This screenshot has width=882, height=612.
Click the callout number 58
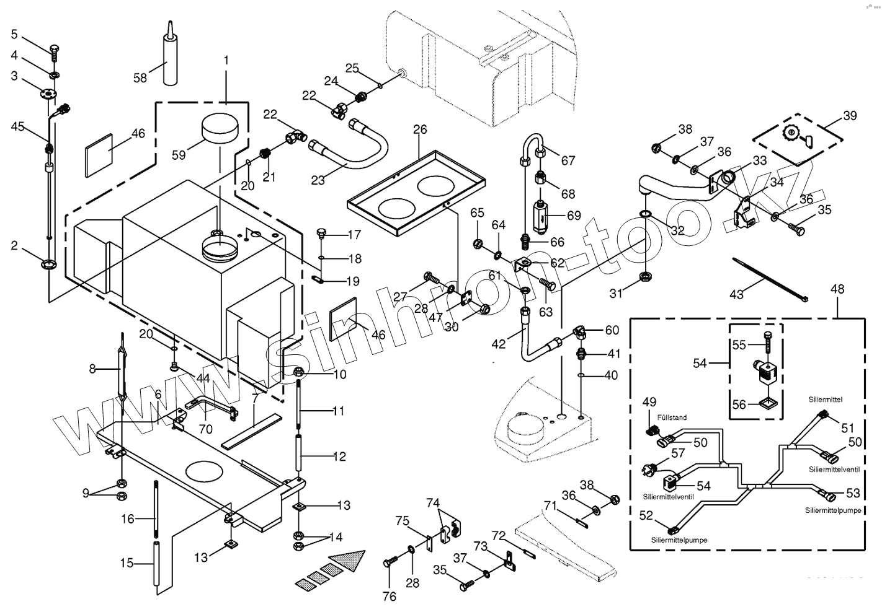[140, 77]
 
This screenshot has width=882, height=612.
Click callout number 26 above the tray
[420, 129]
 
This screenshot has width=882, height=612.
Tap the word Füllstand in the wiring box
[673, 417]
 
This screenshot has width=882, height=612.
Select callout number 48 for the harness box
[837, 289]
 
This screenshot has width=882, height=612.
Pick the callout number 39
[850, 116]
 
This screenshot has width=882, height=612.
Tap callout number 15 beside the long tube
[127, 563]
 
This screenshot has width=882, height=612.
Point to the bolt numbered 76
[392, 562]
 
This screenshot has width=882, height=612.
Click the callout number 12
[339, 457]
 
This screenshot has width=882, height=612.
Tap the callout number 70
[206, 429]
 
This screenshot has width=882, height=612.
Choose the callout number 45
[17, 126]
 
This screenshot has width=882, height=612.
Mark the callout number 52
[646, 515]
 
